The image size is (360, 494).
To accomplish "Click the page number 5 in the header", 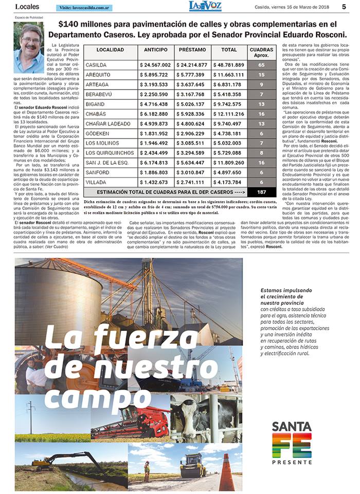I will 344,7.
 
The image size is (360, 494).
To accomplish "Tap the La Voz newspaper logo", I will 205,6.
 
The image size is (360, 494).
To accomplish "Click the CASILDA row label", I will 96,65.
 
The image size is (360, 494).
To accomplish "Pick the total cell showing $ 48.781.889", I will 228,65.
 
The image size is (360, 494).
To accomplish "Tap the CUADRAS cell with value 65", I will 262,65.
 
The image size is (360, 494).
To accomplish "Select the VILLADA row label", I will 96,182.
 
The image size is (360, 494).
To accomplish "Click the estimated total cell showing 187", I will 262,192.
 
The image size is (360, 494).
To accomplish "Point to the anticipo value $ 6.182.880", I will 156,114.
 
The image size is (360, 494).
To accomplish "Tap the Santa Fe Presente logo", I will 292,443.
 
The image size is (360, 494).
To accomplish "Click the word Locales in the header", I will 28,7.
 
